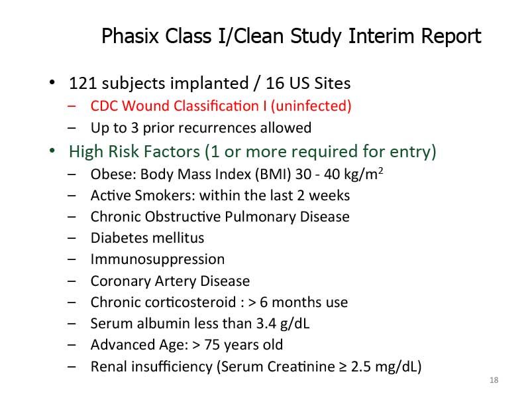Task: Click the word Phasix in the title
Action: click(130, 36)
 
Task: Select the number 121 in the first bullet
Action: click(83, 84)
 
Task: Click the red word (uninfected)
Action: click(311, 106)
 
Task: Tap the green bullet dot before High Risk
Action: click(52, 151)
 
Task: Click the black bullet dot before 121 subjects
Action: click(52, 82)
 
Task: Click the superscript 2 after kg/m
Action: click(380, 170)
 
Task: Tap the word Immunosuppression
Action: click(158, 259)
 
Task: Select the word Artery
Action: click(175, 281)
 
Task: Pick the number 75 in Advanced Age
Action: click(212, 345)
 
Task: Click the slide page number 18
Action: click(494, 380)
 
